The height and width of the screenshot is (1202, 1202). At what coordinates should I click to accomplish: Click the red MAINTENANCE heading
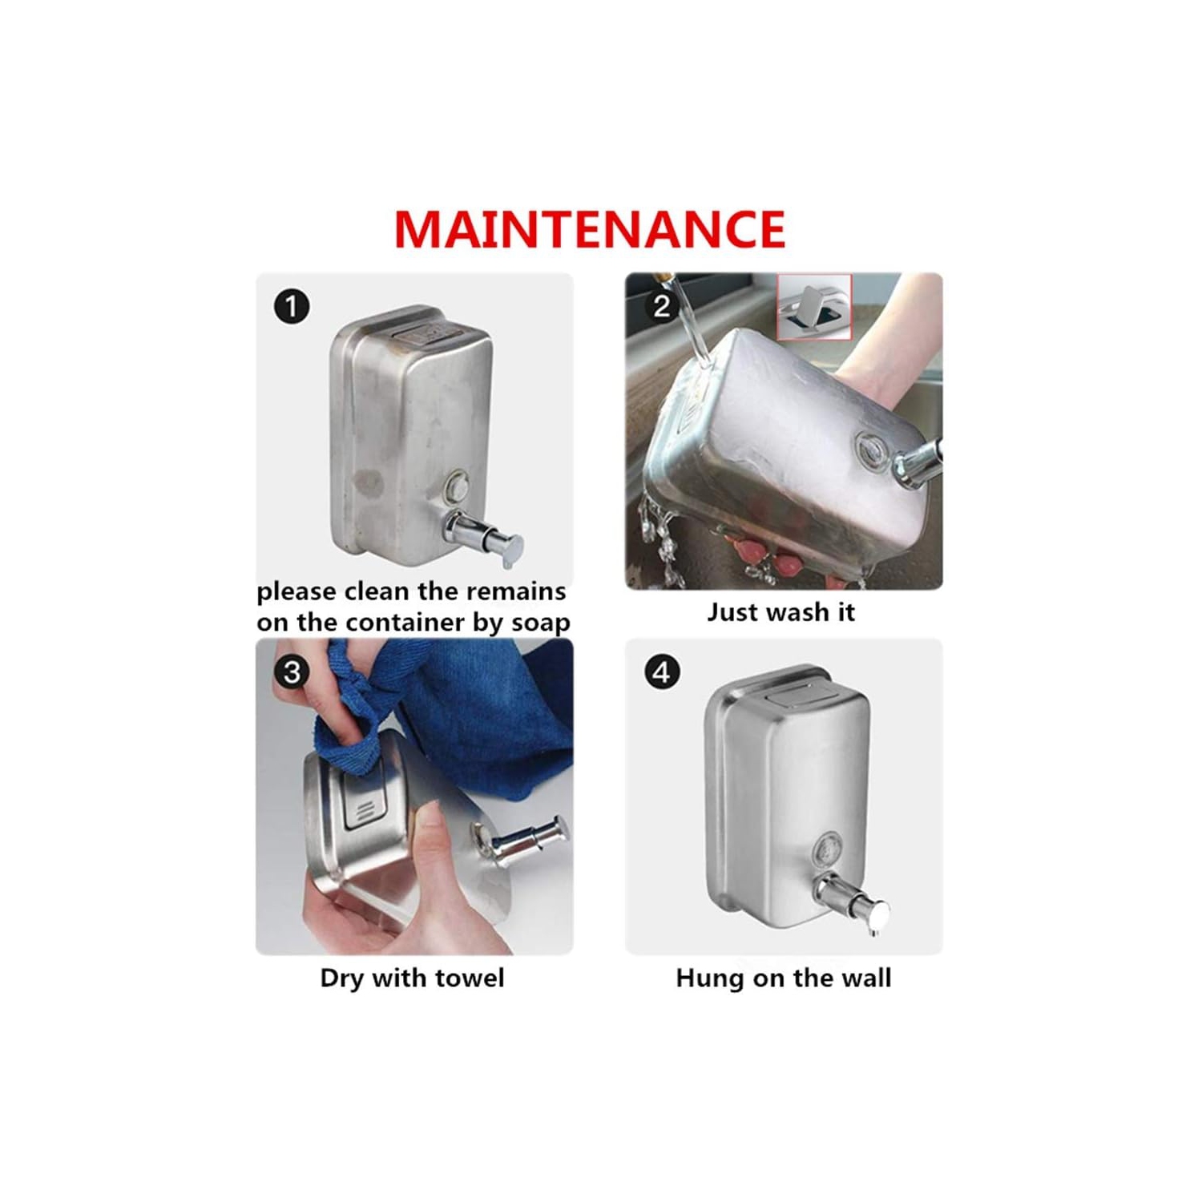[590, 229]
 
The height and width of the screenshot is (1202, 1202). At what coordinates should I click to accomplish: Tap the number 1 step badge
[292, 306]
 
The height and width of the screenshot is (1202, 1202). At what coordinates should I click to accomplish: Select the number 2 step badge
[662, 306]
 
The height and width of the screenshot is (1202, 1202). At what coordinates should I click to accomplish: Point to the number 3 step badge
[292, 672]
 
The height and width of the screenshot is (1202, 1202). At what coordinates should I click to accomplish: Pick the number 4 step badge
[662, 672]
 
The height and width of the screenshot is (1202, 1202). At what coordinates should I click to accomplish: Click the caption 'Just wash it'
[781, 613]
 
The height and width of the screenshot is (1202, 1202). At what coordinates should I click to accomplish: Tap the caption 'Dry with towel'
[413, 978]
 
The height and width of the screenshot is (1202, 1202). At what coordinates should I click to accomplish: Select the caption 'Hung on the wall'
[784, 978]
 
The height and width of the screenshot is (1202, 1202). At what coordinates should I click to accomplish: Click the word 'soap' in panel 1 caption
[541, 623]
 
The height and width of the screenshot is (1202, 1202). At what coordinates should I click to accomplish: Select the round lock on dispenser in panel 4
[828, 850]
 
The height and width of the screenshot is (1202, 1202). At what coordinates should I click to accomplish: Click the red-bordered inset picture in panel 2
[814, 306]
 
